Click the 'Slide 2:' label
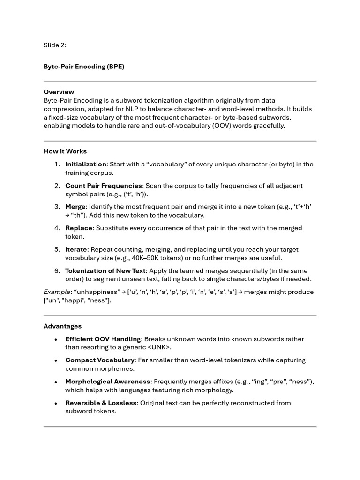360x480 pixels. [x=55, y=45]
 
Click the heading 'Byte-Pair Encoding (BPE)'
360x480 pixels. [x=84, y=67]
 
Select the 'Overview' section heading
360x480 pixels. [x=59, y=92]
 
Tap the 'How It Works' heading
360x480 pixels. [x=65, y=151]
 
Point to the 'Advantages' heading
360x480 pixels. [x=62, y=326]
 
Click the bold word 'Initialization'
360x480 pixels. [x=86, y=165]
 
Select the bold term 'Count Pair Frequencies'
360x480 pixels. [x=103, y=186]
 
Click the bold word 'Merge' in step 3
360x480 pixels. [x=75, y=207]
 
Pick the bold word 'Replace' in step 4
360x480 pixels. [x=79, y=228]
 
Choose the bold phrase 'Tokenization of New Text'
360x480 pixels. [x=105, y=271]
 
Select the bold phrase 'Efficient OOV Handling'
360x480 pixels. [x=103, y=339]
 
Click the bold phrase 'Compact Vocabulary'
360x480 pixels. [x=99, y=360]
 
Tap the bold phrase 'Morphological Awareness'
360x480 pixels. [x=108, y=382]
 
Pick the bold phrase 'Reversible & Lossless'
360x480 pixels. [x=101, y=403]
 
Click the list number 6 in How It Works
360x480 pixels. [x=57, y=271]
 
